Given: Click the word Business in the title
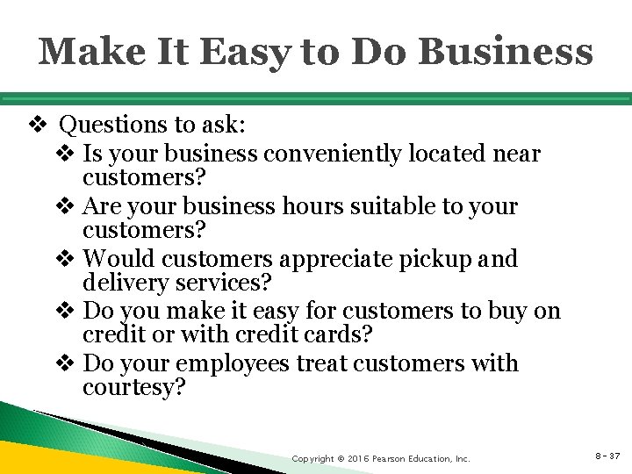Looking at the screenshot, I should click(x=506, y=52).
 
